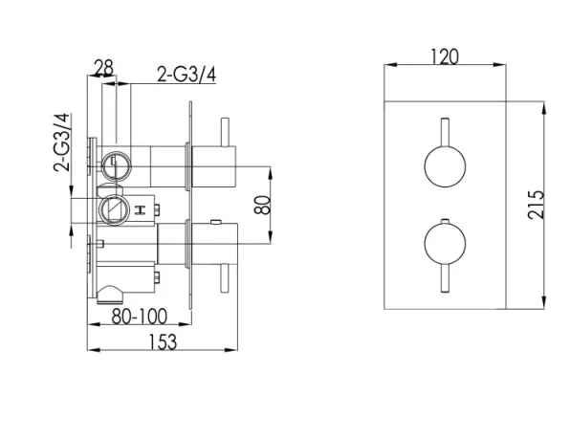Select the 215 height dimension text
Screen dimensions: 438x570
coord(537,205)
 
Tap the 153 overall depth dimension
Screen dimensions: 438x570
coord(163,342)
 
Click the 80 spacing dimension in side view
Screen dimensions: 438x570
coord(267,205)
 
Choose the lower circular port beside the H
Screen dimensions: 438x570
coord(113,208)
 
